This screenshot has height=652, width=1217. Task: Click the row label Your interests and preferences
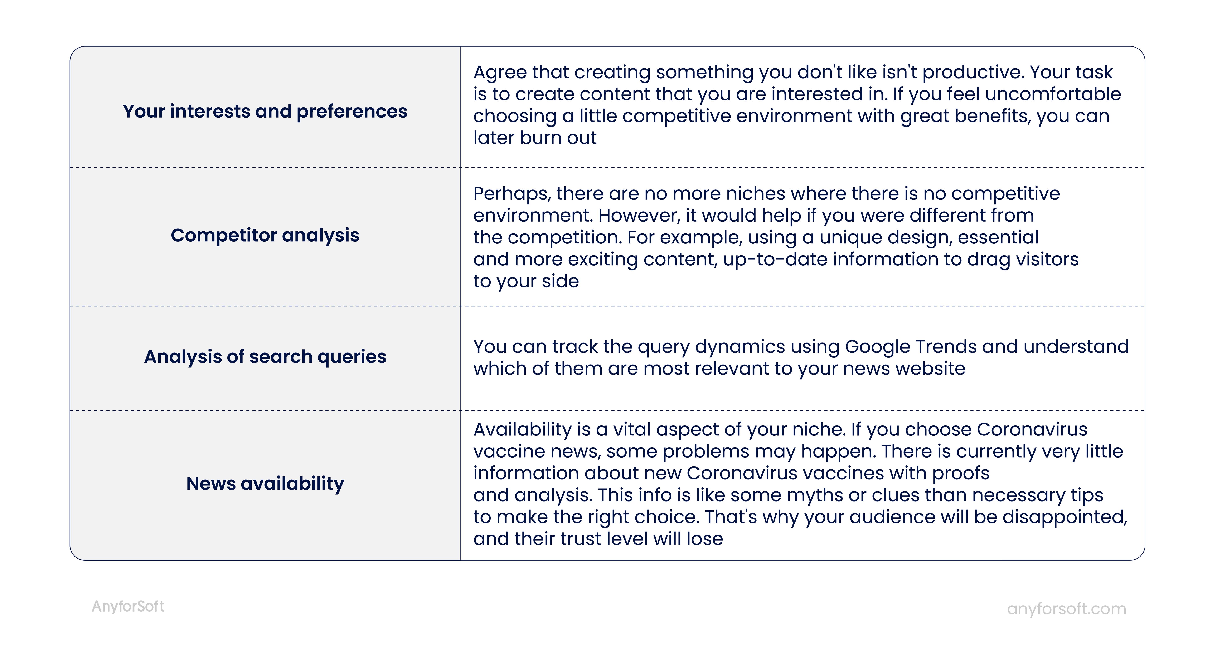[x=265, y=112]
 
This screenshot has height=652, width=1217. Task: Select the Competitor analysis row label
[x=265, y=235]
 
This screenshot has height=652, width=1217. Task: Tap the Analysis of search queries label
[x=265, y=356]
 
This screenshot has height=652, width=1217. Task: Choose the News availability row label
[x=265, y=483]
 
